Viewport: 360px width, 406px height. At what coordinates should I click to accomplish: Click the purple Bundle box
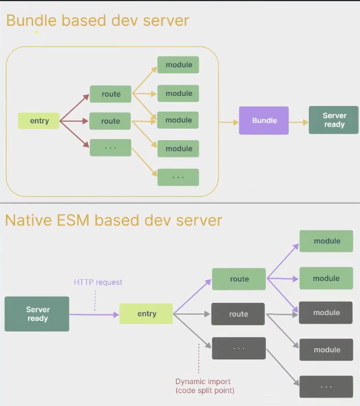tap(264, 121)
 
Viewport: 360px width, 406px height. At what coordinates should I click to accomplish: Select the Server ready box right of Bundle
tap(334, 120)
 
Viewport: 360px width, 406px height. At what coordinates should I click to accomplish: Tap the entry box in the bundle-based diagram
tap(39, 121)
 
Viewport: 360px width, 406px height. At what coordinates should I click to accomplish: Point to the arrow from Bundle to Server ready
tap(298, 121)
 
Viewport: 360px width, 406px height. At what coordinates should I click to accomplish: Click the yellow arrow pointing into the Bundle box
tap(228, 121)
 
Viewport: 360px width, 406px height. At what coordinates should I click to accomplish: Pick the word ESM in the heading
tap(72, 220)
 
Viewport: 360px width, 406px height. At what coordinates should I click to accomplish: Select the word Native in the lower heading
tap(26, 220)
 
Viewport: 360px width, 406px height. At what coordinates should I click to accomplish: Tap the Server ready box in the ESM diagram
tap(37, 314)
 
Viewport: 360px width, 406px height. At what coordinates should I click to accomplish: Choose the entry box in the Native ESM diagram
tap(146, 314)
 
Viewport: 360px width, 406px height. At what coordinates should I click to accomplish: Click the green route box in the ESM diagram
tap(239, 279)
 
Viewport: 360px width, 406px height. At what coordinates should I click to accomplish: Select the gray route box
tap(238, 314)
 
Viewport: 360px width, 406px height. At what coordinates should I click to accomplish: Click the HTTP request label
tap(98, 282)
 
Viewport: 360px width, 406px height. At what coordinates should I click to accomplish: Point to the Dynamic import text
tap(203, 382)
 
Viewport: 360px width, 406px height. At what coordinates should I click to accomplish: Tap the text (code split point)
tap(205, 390)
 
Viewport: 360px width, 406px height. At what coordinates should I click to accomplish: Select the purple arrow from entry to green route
tap(192, 297)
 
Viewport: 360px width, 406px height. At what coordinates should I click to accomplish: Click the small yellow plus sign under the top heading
tap(36, 32)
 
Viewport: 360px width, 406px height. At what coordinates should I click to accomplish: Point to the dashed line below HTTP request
tap(95, 300)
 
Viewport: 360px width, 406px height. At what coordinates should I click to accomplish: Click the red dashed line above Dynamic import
tap(199, 359)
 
